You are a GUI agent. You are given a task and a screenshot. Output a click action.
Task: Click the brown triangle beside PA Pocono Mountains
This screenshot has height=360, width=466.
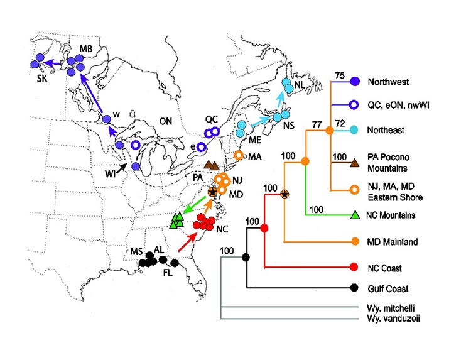coord(355,163)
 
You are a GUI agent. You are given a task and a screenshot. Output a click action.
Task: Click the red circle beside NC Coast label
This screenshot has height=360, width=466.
coord(355,267)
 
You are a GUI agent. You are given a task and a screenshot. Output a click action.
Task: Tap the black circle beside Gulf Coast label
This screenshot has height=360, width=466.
coord(355,288)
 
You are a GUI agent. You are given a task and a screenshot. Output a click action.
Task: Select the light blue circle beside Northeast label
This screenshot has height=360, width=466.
coord(355,130)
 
